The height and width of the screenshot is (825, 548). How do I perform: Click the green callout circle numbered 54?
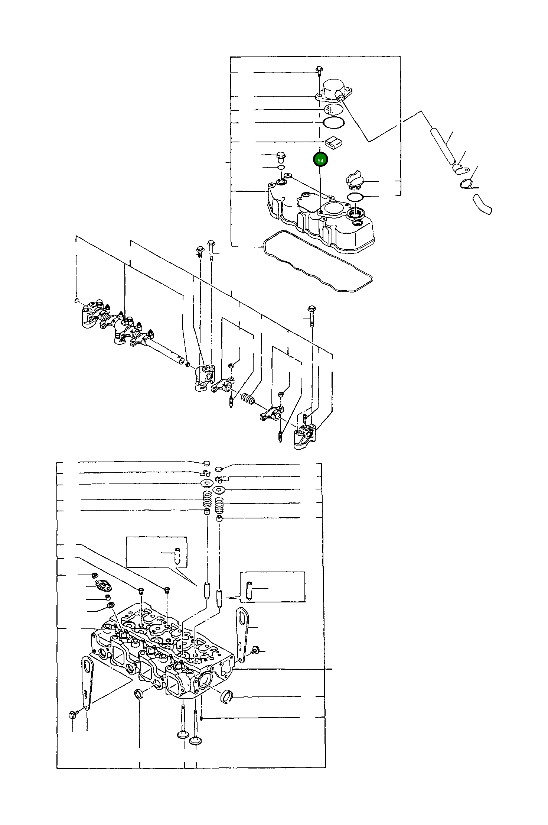point(320,160)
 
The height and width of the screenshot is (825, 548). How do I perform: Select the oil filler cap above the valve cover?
point(355,179)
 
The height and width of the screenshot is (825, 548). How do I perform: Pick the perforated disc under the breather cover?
point(333,109)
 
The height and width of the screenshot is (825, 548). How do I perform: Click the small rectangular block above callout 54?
point(333,143)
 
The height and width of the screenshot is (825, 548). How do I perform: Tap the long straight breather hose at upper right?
point(443,146)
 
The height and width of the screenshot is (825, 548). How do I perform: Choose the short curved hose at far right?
point(482,205)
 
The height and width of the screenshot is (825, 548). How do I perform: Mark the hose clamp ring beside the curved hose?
point(466,183)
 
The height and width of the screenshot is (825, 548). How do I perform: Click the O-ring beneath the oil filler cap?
point(355,197)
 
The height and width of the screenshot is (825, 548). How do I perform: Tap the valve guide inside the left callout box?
point(177,556)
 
